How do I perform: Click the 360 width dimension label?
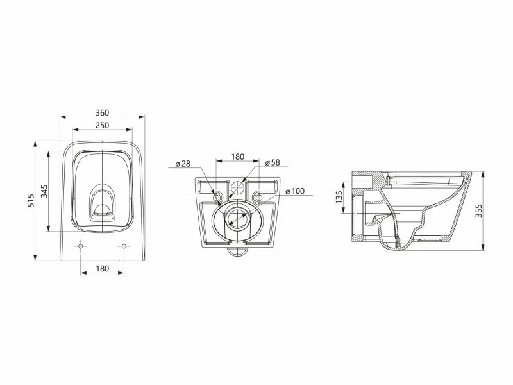coord(103,113)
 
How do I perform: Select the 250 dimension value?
coord(103,125)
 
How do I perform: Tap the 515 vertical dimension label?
coord(31,200)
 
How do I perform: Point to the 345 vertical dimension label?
coord(44,191)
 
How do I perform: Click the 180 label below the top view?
coord(103,269)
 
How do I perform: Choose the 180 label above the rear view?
coord(238,157)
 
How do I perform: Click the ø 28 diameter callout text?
coord(183,164)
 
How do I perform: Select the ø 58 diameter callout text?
coord(273,162)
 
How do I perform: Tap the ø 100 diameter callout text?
coord(295,191)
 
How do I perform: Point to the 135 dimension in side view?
coord(339,197)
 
